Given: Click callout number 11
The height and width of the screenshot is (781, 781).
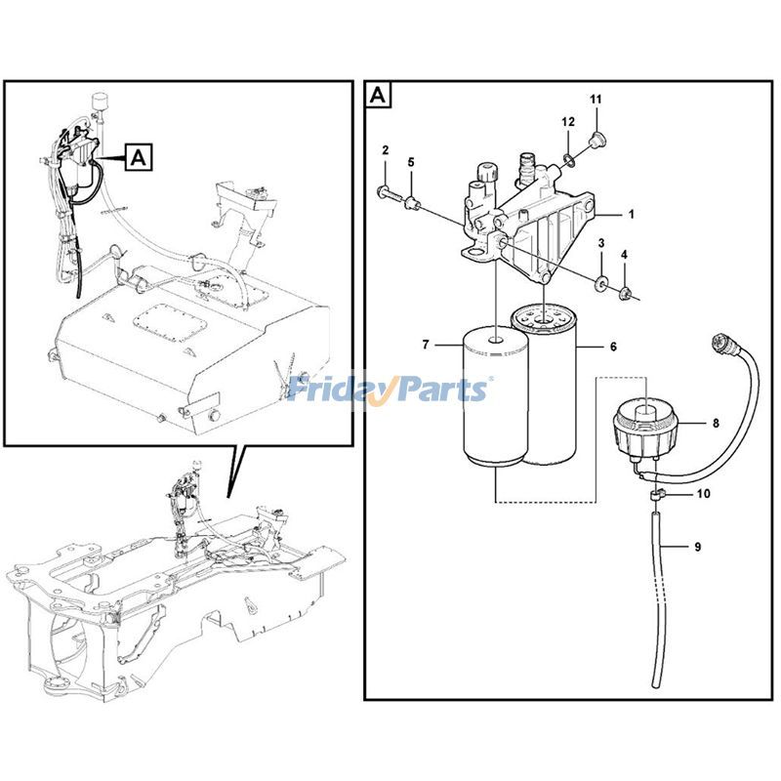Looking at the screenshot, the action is (596, 100).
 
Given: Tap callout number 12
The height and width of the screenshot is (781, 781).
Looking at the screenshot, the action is (568, 121).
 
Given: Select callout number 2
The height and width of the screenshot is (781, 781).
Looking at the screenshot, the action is (385, 150).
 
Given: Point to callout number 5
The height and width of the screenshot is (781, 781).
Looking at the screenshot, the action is (411, 162).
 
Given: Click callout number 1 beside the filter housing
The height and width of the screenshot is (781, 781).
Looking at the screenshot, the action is (631, 215).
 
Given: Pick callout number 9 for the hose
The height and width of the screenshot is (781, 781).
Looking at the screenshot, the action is (697, 547).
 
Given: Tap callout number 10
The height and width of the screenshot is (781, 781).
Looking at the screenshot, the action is (703, 494).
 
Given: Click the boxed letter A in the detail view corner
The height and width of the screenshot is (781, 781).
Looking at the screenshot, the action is (379, 95).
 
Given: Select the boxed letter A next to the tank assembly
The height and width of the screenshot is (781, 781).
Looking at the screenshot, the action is (139, 157).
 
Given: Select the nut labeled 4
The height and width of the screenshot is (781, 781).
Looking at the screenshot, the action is (623, 293).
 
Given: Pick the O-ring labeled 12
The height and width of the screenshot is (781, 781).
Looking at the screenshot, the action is (569, 160).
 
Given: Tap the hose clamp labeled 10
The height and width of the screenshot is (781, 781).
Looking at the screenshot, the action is (657, 495).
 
